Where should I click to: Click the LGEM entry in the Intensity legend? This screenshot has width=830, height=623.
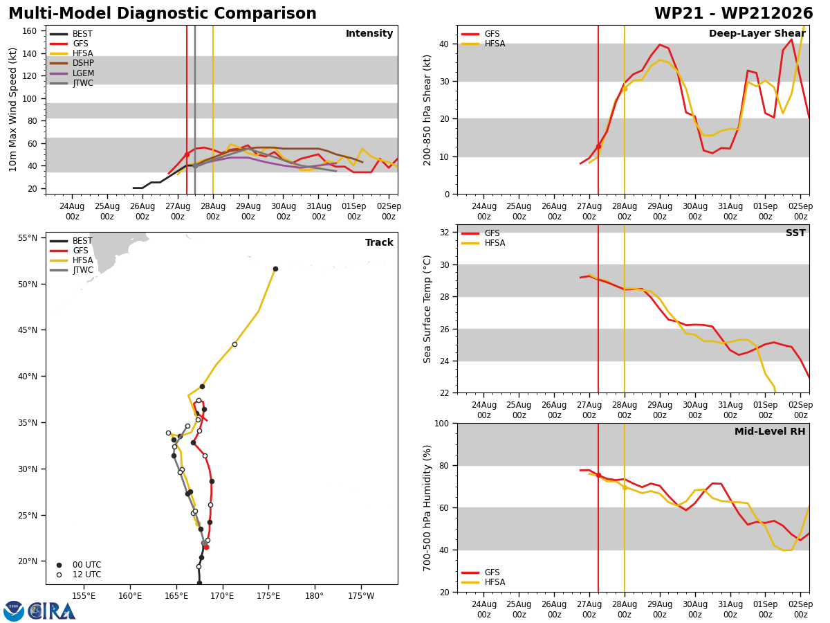[x=72, y=73]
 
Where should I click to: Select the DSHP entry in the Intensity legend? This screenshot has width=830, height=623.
[x=72, y=63]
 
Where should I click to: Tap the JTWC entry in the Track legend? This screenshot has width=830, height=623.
[x=71, y=270]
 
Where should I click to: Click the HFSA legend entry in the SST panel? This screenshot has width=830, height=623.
[x=483, y=243]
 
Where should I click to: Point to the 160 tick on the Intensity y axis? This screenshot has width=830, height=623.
[x=29, y=31]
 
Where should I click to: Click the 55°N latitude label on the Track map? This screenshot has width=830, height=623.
[x=28, y=238]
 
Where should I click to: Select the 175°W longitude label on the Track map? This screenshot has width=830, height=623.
[x=361, y=596]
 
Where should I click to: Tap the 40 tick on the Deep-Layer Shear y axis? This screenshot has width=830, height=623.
[x=444, y=44]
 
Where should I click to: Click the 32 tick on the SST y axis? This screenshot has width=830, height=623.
[x=444, y=233]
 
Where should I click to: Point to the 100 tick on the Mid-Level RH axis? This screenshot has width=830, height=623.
[x=442, y=423]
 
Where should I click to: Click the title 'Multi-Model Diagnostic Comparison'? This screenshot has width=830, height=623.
[x=163, y=13]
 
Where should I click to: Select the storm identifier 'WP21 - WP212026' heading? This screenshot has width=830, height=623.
[x=734, y=13]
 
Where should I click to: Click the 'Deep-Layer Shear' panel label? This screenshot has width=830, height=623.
[x=757, y=33]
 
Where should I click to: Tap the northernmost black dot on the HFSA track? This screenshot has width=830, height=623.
[x=276, y=269]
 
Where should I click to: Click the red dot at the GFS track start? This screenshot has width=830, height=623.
[x=206, y=548]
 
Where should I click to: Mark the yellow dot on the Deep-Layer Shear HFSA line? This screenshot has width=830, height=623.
[x=625, y=89]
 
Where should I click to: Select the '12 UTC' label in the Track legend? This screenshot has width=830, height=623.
[x=87, y=575]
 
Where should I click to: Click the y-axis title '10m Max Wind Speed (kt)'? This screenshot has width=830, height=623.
[x=12, y=109]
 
